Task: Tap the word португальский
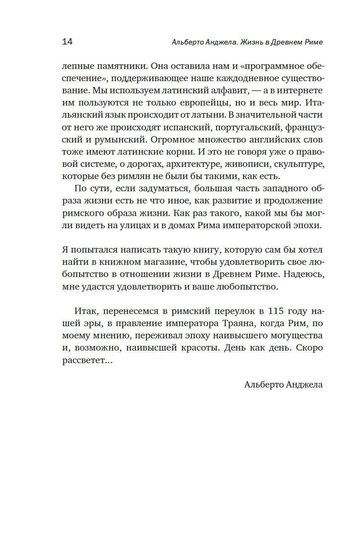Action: pyautogui.click(x=241, y=127)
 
